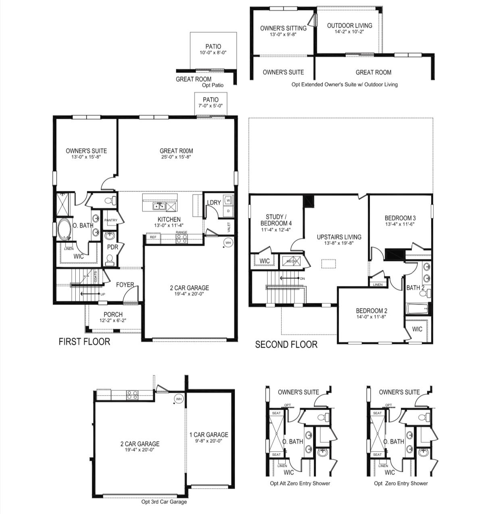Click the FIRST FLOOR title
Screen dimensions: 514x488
(84, 342)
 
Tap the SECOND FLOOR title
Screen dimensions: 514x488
(286, 344)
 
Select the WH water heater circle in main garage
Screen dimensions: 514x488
(228, 242)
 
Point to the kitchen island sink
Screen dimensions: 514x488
(159, 206)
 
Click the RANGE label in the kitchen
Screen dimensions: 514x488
(181, 232)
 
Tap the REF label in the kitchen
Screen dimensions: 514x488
(153, 237)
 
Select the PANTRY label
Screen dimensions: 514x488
(110, 220)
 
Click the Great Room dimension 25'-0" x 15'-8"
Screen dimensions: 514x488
(176, 157)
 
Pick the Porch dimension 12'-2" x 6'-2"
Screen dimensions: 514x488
(113, 321)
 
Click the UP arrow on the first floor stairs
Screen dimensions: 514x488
(89, 294)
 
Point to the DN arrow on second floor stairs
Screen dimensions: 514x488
(290, 278)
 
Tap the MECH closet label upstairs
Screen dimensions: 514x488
(291, 261)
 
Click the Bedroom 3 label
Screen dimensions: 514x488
(400, 218)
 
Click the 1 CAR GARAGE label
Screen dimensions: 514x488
(209, 435)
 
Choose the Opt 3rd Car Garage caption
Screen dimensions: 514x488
(164, 502)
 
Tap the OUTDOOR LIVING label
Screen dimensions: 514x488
(349, 25)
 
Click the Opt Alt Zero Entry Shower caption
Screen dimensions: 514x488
(300, 483)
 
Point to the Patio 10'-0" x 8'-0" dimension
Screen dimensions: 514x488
(213, 53)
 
